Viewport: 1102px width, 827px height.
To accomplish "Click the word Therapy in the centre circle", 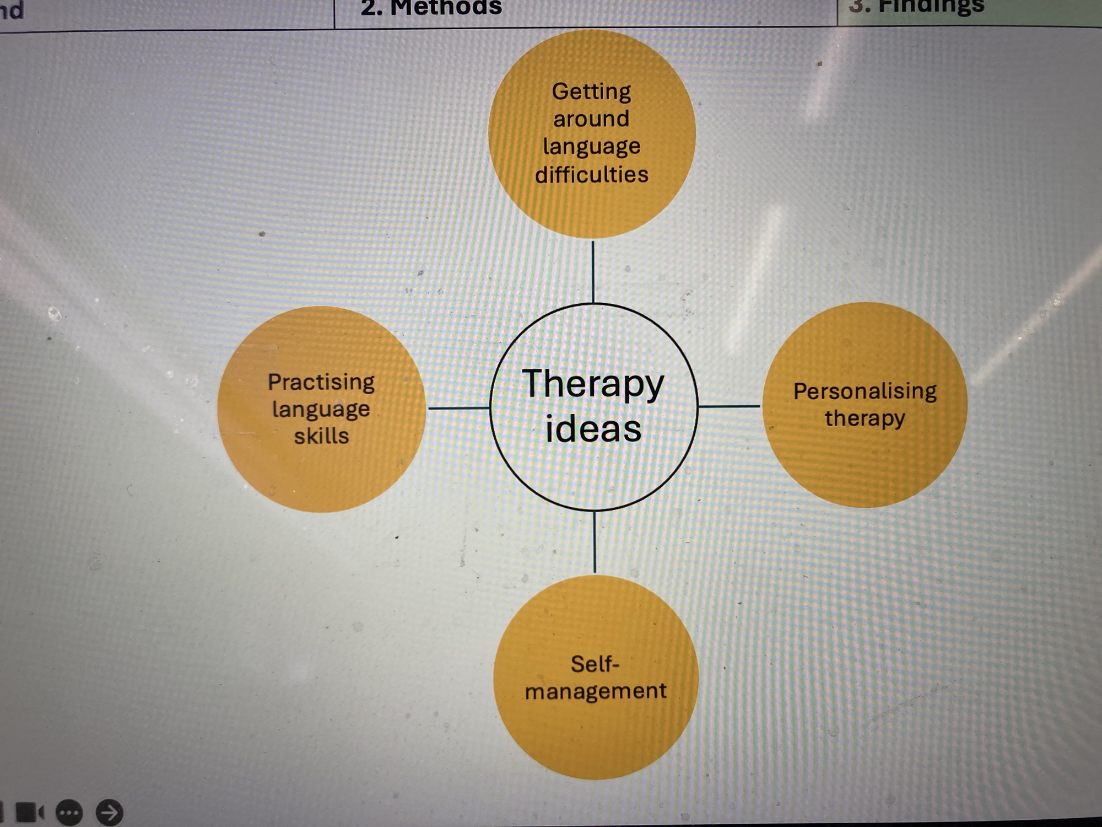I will click(x=593, y=384).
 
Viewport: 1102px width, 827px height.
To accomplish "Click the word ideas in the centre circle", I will click(x=593, y=429).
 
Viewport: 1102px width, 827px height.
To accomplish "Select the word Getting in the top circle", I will click(x=591, y=92).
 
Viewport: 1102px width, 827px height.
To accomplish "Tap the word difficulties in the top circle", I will click(x=592, y=175).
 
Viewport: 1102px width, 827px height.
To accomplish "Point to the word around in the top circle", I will click(x=591, y=119).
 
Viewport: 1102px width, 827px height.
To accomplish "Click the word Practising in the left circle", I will click(x=321, y=382).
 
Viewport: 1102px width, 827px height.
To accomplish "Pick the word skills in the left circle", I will click(x=321, y=436).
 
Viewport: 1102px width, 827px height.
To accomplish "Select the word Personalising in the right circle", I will click(x=865, y=391).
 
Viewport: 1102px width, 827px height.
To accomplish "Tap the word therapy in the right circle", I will click(x=865, y=418).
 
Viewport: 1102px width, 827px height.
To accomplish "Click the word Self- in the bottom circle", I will click(x=595, y=664).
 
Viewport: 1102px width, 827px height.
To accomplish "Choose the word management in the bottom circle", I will click(x=595, y=691).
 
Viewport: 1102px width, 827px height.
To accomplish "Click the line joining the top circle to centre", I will click(x=593, y=271).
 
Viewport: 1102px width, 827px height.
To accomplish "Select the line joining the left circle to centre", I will click(x=458, y=408).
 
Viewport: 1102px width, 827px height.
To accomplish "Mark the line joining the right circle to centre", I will click(x=729, y=406).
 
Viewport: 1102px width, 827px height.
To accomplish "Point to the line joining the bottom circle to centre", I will click(x=595, y=542).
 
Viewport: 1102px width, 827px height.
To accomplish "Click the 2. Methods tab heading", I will click(x=431, y=8).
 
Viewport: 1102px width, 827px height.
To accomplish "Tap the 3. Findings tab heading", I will click(x=916, y=7).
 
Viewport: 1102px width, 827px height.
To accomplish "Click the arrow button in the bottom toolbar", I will click(x=109, y=812).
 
